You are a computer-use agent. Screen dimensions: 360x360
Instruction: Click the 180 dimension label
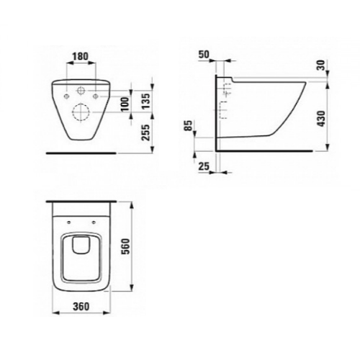pos(81,56)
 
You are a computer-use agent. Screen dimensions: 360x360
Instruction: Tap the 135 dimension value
pos(146,101)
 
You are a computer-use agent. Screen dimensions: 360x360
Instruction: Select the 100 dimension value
pos(125,104)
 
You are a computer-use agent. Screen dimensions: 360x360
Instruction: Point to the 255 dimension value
pos(146,132)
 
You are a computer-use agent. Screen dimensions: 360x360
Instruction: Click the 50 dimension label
pos(204,55)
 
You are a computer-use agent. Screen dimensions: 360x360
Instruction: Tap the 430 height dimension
pos(322,119)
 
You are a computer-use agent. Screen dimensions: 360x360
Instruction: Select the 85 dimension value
pos(189,125)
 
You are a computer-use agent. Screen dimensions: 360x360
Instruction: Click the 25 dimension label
pos(204,166)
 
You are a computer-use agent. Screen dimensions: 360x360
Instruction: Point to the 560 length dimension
pos(126,246)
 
